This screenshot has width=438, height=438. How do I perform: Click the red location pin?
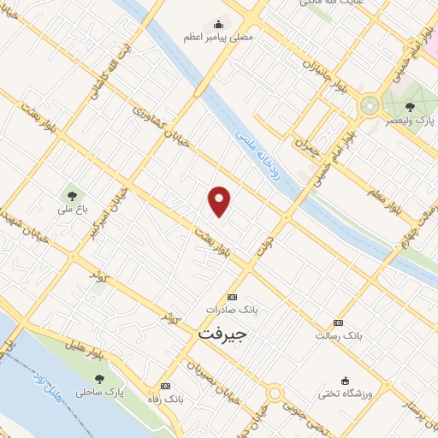point(220,200)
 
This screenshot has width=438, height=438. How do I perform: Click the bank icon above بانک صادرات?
point(229,293)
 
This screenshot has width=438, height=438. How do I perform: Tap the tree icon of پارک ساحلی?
point(100,379)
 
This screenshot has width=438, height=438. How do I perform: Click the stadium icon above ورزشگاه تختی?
point(345,380)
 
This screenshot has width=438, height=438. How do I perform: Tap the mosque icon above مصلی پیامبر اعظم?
point(219,24)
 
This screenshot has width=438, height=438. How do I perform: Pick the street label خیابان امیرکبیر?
point(112,208)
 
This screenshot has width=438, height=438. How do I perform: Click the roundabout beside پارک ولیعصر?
point(370,105)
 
